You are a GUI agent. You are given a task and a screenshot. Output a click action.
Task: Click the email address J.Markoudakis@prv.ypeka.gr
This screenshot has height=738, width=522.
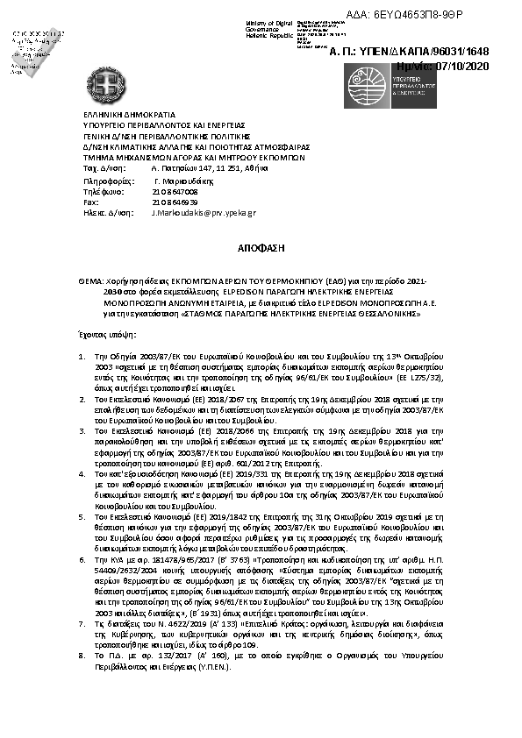pyautogui.click(x=204, y=212)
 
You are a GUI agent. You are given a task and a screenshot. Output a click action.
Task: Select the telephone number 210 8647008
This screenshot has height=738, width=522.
pyautogui.click(x=175, y=190)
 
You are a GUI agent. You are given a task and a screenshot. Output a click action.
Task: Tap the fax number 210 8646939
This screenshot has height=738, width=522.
pyautogui.click(x=175, y=202)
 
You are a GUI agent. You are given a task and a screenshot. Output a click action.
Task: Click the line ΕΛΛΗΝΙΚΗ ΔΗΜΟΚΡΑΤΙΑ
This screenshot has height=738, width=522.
pyautogui.click(x=129, y=115)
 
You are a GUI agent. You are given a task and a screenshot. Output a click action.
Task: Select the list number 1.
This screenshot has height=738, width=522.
pyautogui.click(x=82, y=358)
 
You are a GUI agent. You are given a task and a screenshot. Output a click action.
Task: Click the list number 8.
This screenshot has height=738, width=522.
pyautogui.click(x=82, y=653)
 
